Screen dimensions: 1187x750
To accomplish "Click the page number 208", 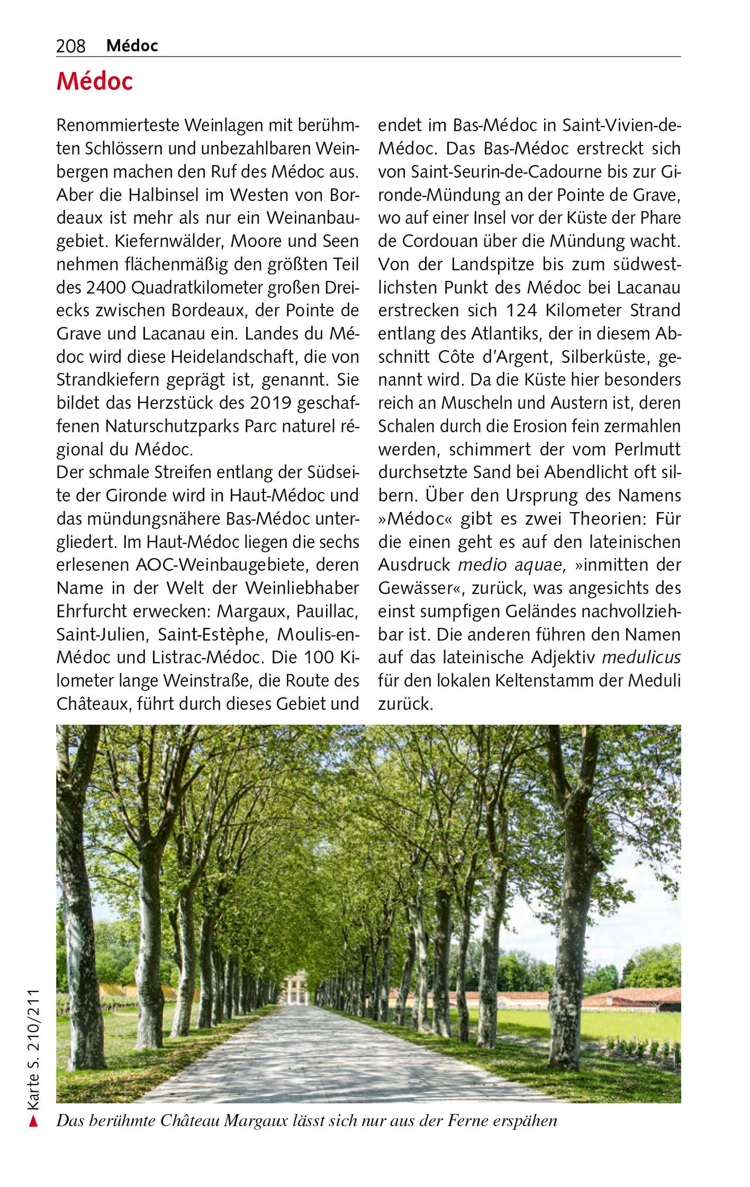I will [70, 47].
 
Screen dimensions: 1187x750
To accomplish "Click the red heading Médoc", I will [95, 82].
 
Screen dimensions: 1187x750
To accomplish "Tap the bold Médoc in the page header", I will [132, 46].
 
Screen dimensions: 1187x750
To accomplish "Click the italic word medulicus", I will [641, 658].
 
